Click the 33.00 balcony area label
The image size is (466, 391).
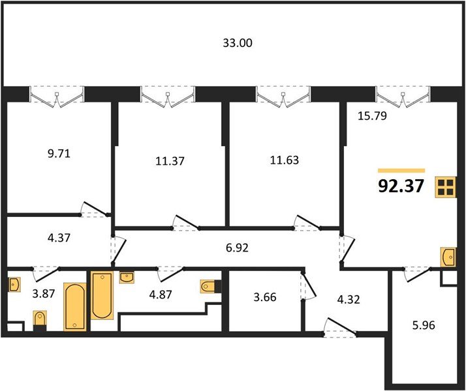coord(238,43)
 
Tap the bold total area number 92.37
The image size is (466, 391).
coord(401,186)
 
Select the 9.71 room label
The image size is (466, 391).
coord(59,154)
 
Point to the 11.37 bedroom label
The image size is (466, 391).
coord(170,161)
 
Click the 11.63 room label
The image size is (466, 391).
coord(285,160)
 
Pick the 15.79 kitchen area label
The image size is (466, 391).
coord(372,116)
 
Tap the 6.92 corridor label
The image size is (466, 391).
coord(237,248)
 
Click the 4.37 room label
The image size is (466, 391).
coord(59,238)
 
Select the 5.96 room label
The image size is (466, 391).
coord(424,325)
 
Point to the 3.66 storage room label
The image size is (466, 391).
coord(265,297)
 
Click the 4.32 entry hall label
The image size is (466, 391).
coord(349,299)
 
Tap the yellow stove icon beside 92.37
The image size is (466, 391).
coord(446,187)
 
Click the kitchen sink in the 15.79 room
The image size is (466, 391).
coord(448,257)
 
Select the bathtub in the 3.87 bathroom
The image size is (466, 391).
coord(75,307)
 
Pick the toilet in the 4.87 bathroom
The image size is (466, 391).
coord(210,286)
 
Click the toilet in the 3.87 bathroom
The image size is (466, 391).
coord(40,321)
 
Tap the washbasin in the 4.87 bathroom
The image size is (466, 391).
coord(127,278)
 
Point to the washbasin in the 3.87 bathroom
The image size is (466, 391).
coord(14,285)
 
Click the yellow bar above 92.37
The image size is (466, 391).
coord(401,171)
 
